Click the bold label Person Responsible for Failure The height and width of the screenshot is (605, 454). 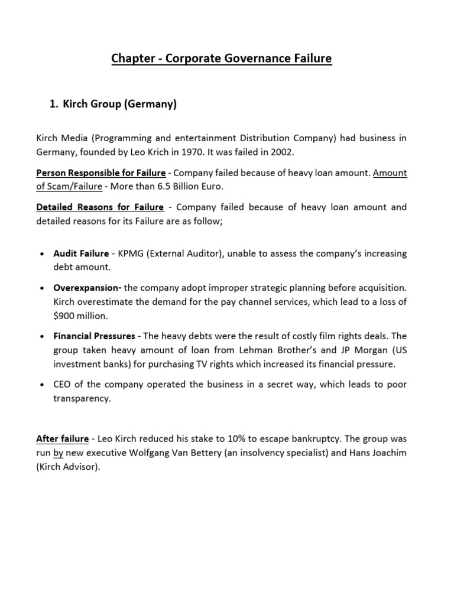click(x=100, y=173)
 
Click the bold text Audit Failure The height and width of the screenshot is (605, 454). click(x=81, y=253)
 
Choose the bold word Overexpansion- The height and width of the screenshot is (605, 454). click(x=87, y=288)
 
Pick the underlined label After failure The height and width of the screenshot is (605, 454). click(x=62, y=439)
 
